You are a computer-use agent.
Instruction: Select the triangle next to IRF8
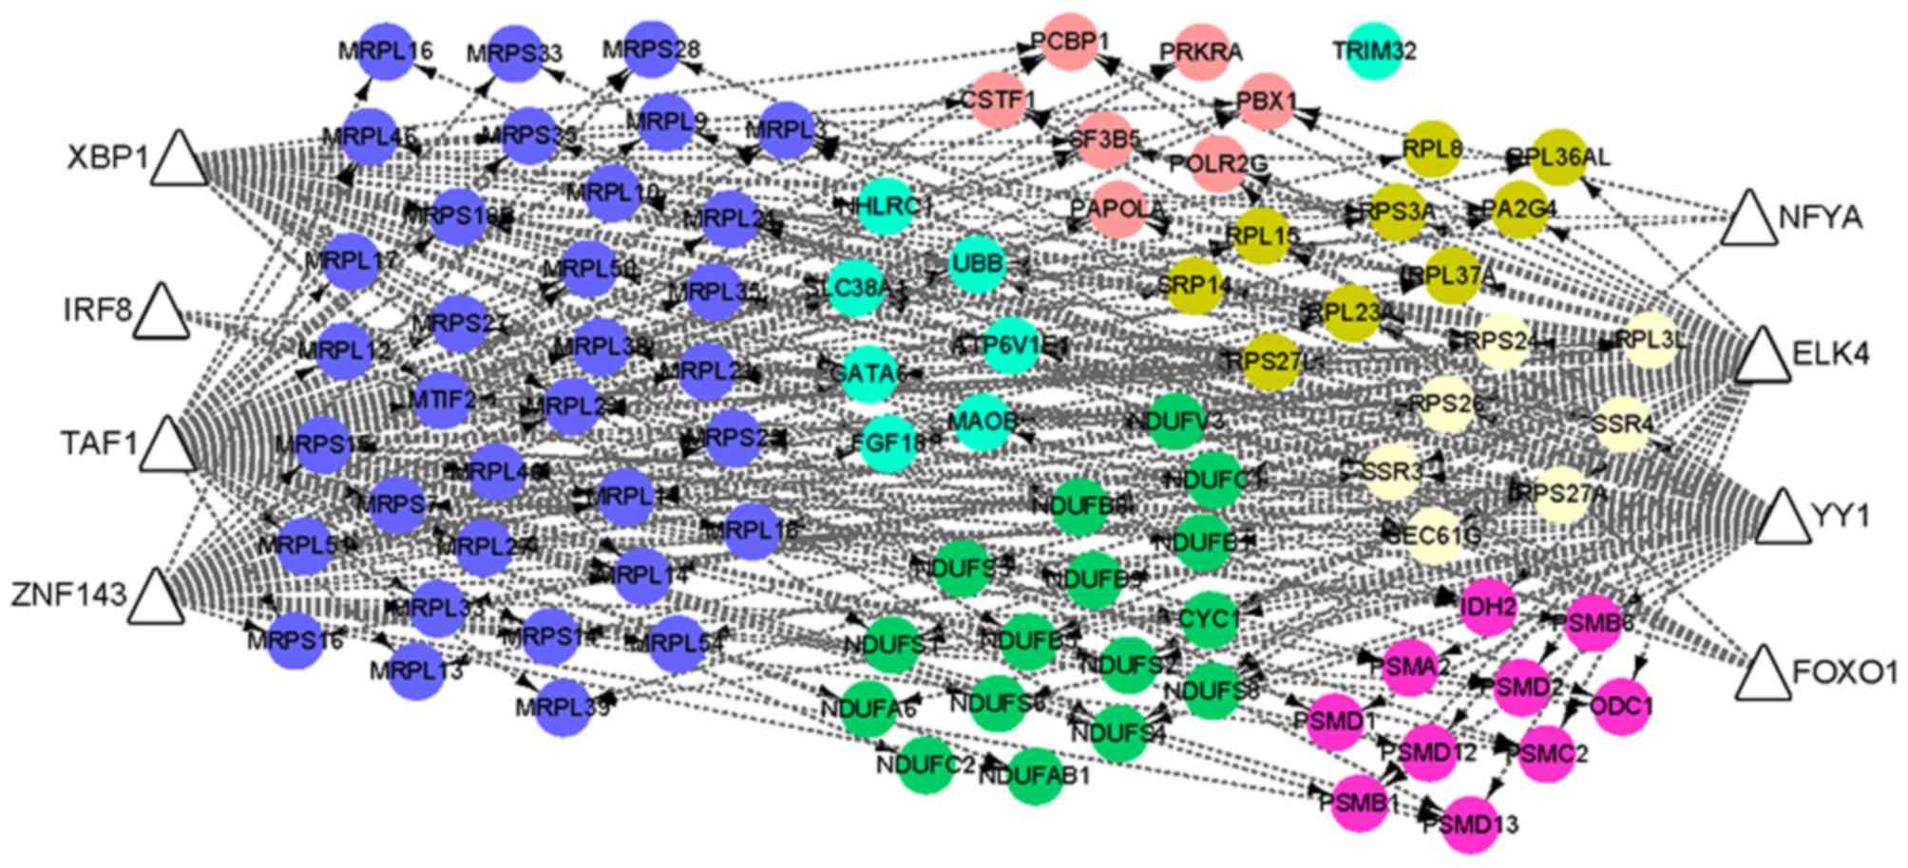coord(161,313)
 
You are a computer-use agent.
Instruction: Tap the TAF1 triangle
coord(167,447)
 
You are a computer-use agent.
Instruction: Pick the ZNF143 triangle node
coord(156,599)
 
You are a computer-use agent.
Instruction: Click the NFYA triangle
coord(1748,221)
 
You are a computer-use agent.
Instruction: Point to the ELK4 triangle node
coord(1763,358)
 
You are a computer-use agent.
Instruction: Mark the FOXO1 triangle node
coord(1764,676)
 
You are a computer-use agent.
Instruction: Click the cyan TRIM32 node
coord(1374,51)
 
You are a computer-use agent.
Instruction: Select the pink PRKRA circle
coord(1202,52)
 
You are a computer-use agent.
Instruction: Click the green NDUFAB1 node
coord(1035,775)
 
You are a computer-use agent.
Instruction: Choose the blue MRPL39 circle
coord(563,708)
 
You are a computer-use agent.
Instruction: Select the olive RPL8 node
coord(1432,149)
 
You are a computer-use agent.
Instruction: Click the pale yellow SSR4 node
coord(1623,424)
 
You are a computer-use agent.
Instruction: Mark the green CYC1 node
coord(1209,619)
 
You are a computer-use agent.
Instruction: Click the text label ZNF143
coord(68,595)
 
